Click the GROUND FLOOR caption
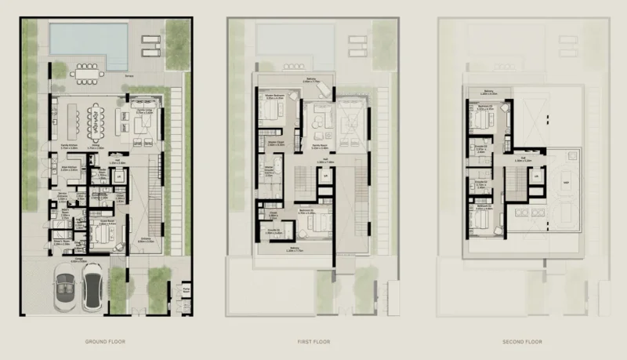(107, 343)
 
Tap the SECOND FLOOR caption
(521, 343)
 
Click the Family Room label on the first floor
(319, 145)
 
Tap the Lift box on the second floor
(537, 176)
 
